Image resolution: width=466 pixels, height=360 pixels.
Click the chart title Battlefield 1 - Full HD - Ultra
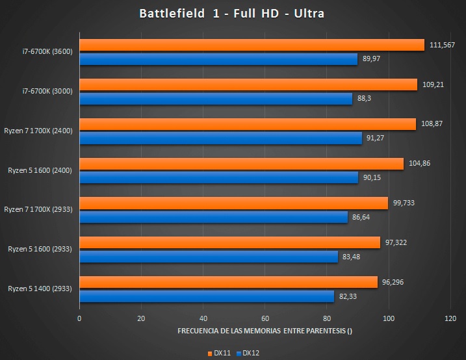pyautogui.click(x=231, y=14)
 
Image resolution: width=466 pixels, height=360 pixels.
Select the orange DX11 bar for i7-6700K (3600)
pyautogui.click(x=252, y=45)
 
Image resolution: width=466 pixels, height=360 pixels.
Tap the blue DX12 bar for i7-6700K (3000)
pyautogui.click(x=216, y=99)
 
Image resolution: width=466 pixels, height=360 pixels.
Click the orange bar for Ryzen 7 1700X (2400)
pyautogui.click(x=248, y=124)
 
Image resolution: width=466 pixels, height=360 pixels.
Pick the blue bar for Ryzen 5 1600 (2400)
pyautogui.click(x=219, y=177)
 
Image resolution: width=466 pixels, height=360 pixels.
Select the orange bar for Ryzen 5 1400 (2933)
pyautogui.click(x=229, y=282)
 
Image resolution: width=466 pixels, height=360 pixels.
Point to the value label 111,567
pyautogui.click(x=442, y=45)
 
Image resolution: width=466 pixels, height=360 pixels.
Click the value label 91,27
pyautogui.click(x=375, y=138)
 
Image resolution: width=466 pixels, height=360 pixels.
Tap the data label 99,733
pyautogui.click(x=404, y=203)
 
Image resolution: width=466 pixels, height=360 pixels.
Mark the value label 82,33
pyautogui.click(x=348, y=296)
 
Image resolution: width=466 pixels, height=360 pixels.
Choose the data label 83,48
pyautogui.click(x=351, y=257)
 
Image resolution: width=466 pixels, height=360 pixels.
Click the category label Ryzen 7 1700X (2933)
pyautogui.click(x=38, y=209)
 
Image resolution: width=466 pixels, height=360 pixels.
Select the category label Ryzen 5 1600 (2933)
pyautogui.click(x=40, y=249)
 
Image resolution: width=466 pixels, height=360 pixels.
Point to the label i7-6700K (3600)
pyautogui.click(x=47, y=51)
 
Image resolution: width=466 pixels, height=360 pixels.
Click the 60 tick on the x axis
pyautogui.click(x=265, y=318)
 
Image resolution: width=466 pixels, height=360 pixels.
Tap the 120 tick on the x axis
pyautogui.click(x=450, y=318)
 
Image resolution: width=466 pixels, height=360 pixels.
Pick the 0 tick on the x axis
pyautogui.click(x=79, y=318)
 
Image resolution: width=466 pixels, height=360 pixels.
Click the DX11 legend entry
pyautogui.click(x=219, y=353)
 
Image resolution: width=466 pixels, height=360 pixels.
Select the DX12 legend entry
pyautogui.click(x=248, y=353)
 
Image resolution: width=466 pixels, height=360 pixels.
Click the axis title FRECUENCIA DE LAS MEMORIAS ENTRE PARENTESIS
pyautogui.click(x=265, y=331)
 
